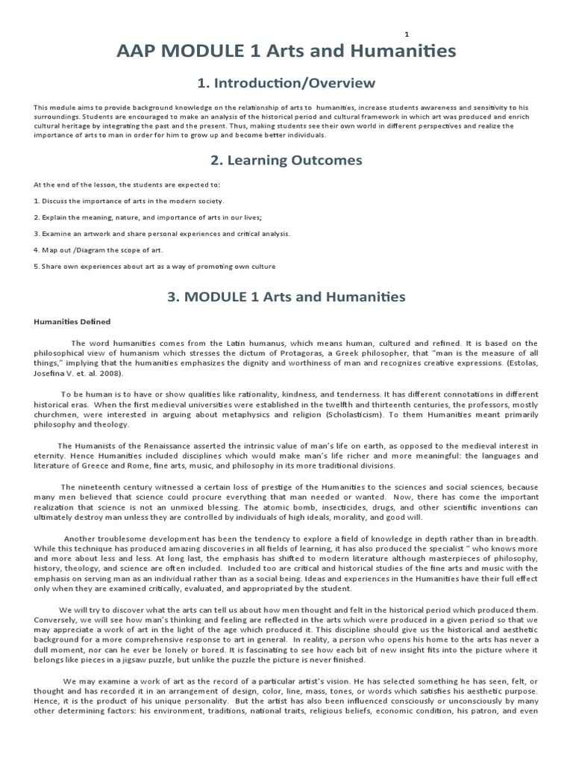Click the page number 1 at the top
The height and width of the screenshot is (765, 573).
point(407,34)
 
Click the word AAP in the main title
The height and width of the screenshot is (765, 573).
point(143,52)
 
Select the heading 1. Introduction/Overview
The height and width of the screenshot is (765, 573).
point(286,82)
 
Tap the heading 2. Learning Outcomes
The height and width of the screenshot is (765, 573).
point(286,160)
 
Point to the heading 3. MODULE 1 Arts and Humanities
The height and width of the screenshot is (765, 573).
point(286,297)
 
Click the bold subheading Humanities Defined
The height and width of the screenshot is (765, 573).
point(72,322)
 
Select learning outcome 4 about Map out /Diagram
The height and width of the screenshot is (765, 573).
point(98,250)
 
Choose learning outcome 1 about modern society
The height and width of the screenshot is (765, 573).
point(128,201)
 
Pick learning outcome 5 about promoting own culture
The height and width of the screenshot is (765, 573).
point(154,266)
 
